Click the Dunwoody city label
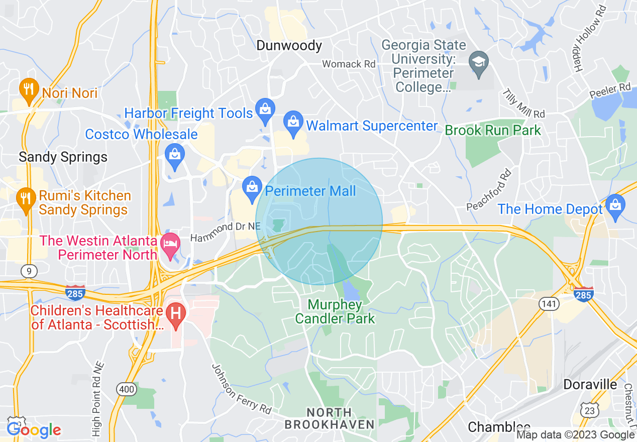coord(289,46)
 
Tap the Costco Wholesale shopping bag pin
coord(175,155)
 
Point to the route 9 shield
coord(29,272)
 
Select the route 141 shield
coord(549,303)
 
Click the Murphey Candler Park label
coord(335,311)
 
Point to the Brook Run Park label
coord(493,131)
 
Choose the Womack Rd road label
coord(349,64)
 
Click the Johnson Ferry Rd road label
coord(241,386)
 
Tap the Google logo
coord(34,429)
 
